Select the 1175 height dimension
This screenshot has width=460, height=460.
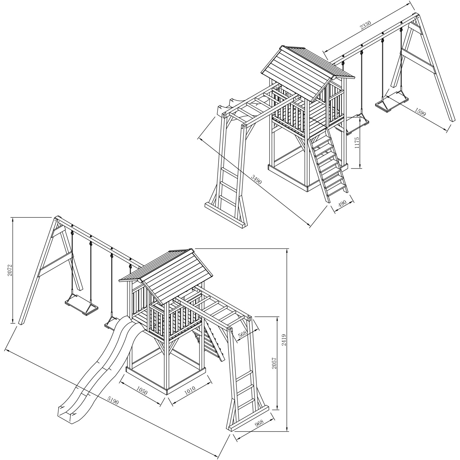pyautogui.click(x=356, y=143)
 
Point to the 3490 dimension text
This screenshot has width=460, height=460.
pyautogui.click(x=256, y=179)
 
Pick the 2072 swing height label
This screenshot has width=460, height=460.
pyautogui.click(x=10, y=271)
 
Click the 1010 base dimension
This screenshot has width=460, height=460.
pyautogui.click(x=190, y=390)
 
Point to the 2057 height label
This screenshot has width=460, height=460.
pyautogui.click(x=274, y=362)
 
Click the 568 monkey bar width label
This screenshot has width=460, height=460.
pyautogui.click(x=242, y=335)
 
